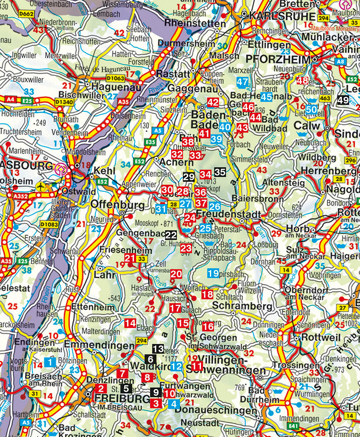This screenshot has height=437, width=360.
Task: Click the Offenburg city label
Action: [118, 205]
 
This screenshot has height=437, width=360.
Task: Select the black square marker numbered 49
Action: [343, 100]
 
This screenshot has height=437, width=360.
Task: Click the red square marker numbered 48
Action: [302, 81]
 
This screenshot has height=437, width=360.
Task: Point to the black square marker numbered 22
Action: [171, 235]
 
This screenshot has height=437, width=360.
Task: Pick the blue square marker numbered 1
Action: [50, 362]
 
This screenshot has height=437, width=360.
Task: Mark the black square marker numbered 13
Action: [158, 349]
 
